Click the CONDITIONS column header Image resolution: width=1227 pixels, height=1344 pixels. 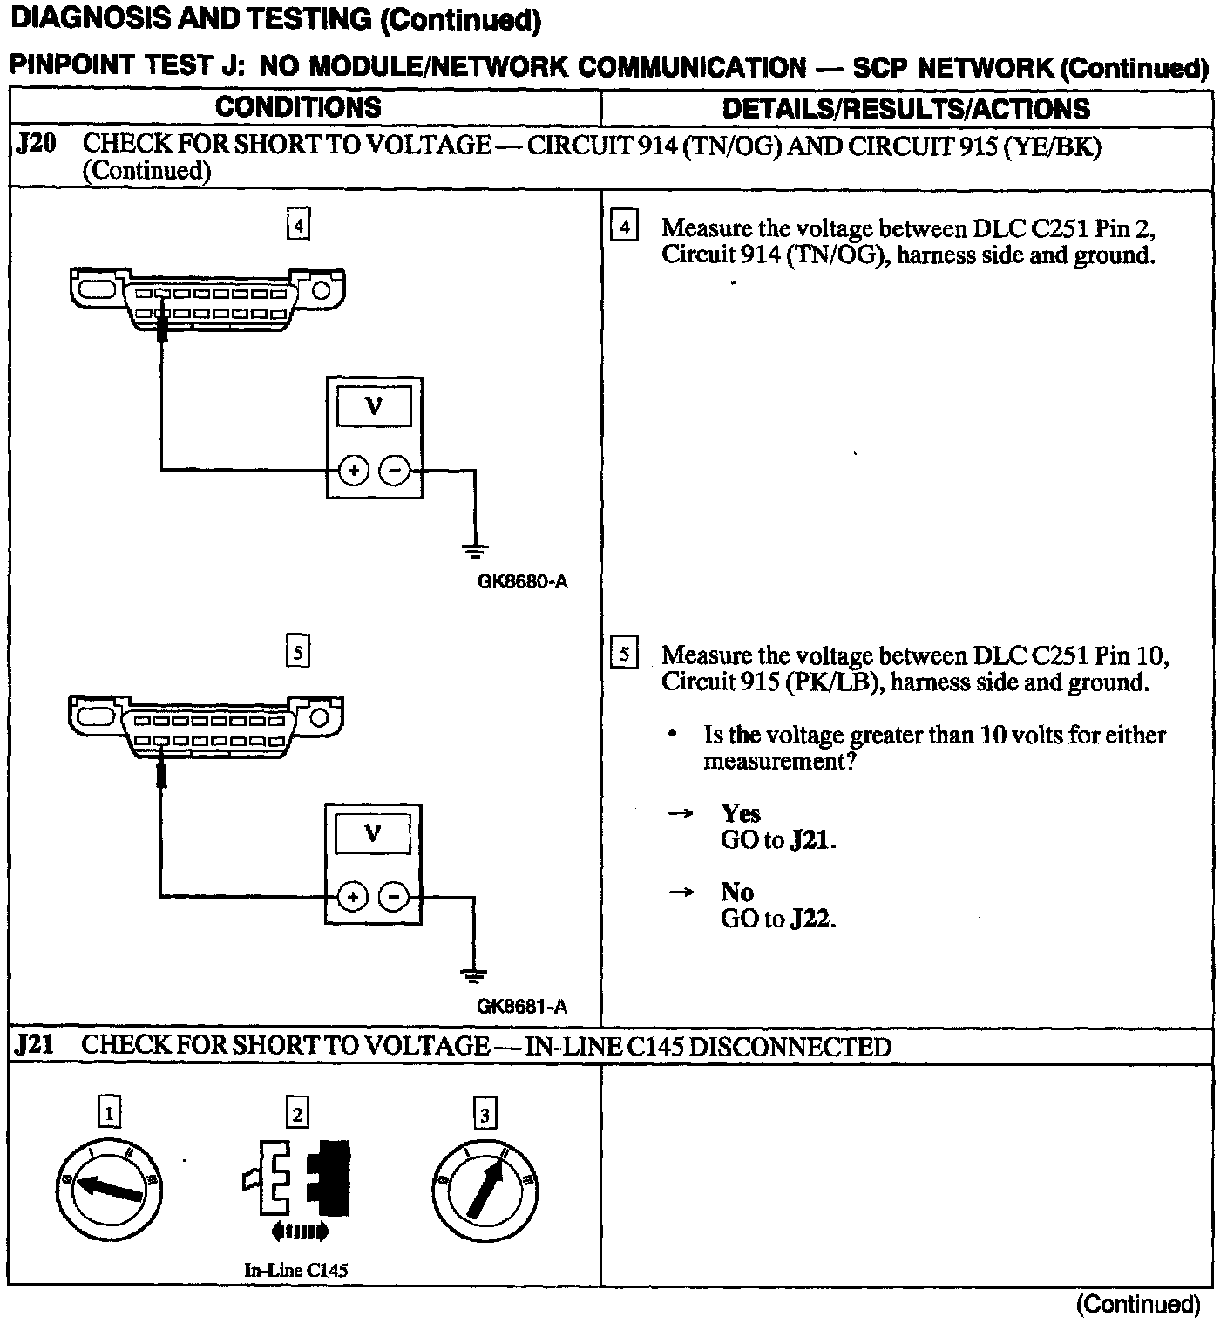298,107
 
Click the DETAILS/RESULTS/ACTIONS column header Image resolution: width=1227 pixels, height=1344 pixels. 905,109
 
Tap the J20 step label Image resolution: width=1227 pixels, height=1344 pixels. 36,144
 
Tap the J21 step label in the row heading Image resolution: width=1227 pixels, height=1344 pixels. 35,1044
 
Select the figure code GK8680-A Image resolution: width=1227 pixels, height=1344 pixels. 522,581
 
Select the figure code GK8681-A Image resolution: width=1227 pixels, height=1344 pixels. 521,1007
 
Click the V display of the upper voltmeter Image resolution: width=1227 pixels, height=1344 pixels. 374,406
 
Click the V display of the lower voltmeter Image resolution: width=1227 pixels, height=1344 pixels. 372,833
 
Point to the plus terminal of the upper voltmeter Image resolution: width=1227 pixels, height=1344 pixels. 354,471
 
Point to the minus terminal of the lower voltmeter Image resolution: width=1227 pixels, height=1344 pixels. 394,896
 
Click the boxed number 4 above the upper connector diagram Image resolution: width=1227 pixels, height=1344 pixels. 298,226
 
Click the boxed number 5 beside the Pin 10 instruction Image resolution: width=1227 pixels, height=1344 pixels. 624,654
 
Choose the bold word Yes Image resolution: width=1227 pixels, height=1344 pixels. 741,813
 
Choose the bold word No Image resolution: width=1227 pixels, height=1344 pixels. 736,892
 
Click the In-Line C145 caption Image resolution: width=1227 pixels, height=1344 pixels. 295,1270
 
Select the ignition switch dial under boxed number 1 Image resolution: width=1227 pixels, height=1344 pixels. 109,1188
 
